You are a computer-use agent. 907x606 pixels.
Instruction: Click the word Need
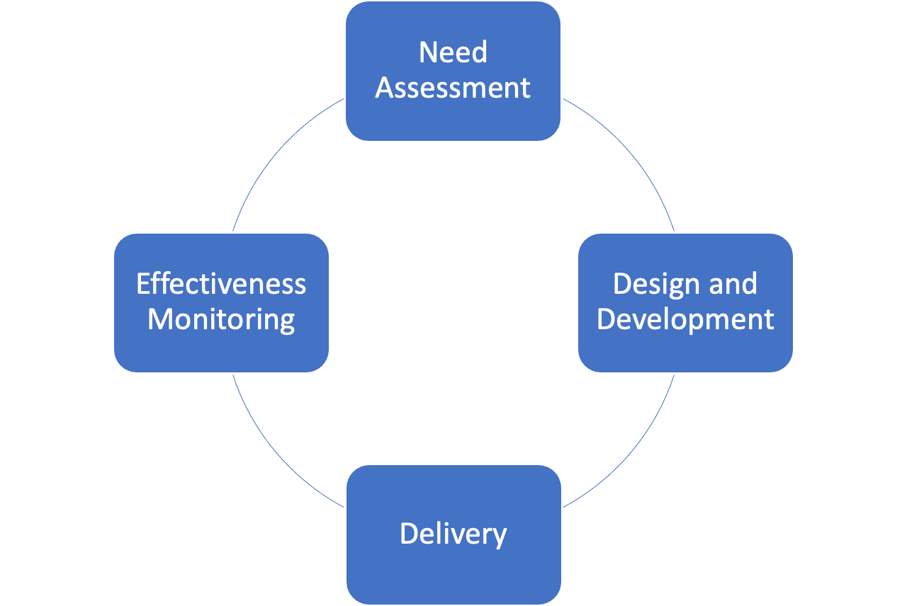pos(453,53)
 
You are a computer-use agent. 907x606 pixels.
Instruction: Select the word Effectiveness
pos(221,284)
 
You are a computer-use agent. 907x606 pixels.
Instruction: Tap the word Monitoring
pos(221,320)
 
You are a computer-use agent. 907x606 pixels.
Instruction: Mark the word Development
pos(685,320)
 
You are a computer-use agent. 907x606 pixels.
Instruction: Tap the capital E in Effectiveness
pos(142,284)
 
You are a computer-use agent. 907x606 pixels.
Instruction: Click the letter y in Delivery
pos(500,536)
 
